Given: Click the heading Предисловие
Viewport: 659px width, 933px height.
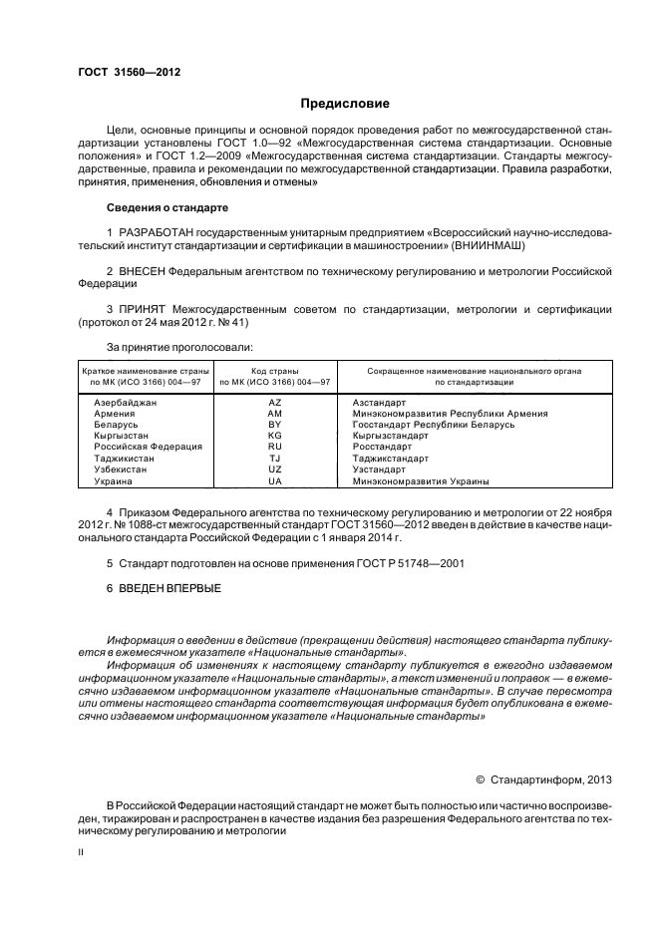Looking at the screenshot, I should point(346,104).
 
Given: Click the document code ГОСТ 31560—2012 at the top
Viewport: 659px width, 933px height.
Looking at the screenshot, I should point(130,72).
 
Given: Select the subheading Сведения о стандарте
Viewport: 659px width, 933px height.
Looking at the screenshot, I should point(166,207).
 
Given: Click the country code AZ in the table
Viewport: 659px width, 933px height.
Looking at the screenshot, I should point(276,402).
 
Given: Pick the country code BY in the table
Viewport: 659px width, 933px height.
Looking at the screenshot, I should point(276,424).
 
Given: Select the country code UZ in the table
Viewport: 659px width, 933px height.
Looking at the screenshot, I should point(276,469).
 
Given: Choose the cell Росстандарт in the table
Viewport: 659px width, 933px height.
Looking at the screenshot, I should point(383,447).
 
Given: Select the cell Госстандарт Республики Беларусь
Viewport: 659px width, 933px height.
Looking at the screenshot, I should point(434,424).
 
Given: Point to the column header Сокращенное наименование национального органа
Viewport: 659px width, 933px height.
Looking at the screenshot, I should point(474,370).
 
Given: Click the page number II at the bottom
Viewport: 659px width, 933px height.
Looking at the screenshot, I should point(82,853).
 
